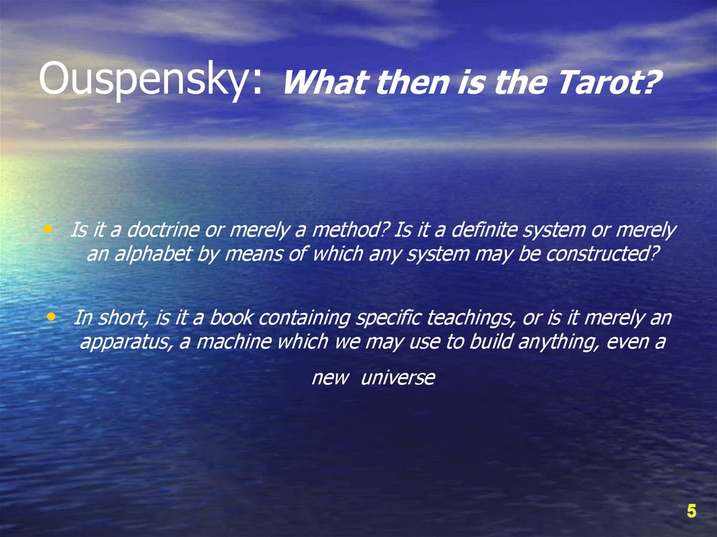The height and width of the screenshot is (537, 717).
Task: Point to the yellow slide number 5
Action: pos(691,512)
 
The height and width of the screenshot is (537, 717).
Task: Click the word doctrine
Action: pos(156,230)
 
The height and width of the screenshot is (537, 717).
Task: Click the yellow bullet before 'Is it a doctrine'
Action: pos(48,228)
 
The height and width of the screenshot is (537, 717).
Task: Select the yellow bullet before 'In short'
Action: pos(50,316)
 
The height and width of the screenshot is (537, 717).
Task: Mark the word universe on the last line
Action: pos(398,379)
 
